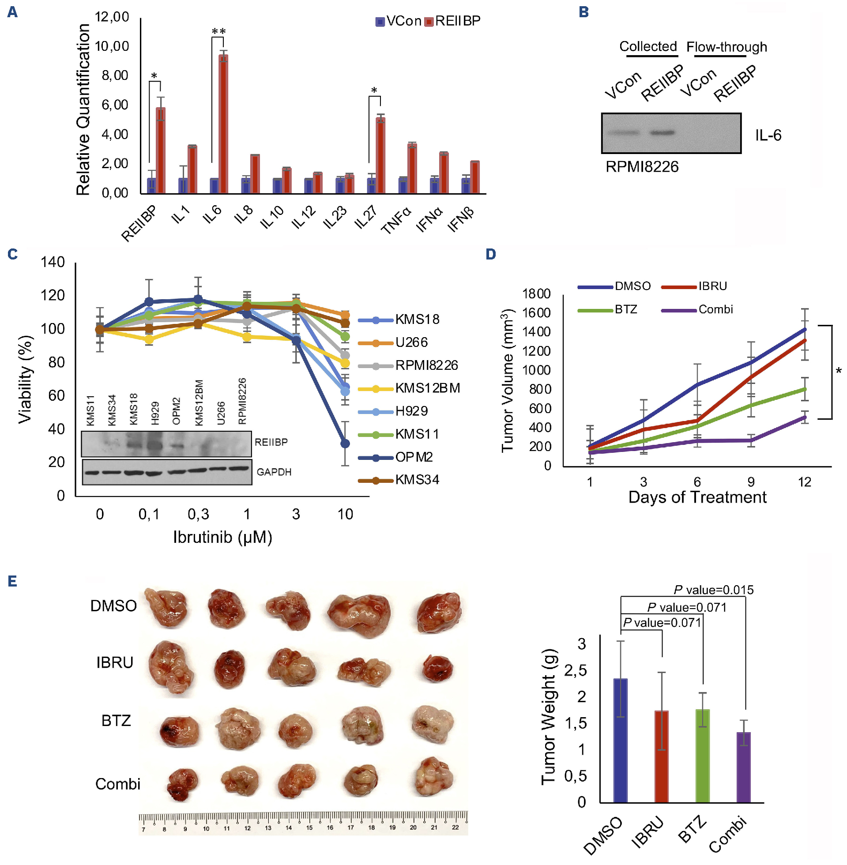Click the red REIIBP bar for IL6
click(223, 124)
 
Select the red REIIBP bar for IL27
click(380, 156)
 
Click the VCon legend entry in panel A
click(399, 21)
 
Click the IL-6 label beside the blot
click(768, 135)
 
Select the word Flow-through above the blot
click(727, 47)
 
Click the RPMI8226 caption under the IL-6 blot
click(642, 167)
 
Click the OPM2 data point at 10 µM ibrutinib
click(345, 444)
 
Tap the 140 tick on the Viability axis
click(53, 262)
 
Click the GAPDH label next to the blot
click(274, 472)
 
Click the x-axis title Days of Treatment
click(697, 497)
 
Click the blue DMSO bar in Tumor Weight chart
click(620, 740)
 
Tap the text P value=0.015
click(714, 590)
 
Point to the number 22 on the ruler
click(455, 827)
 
